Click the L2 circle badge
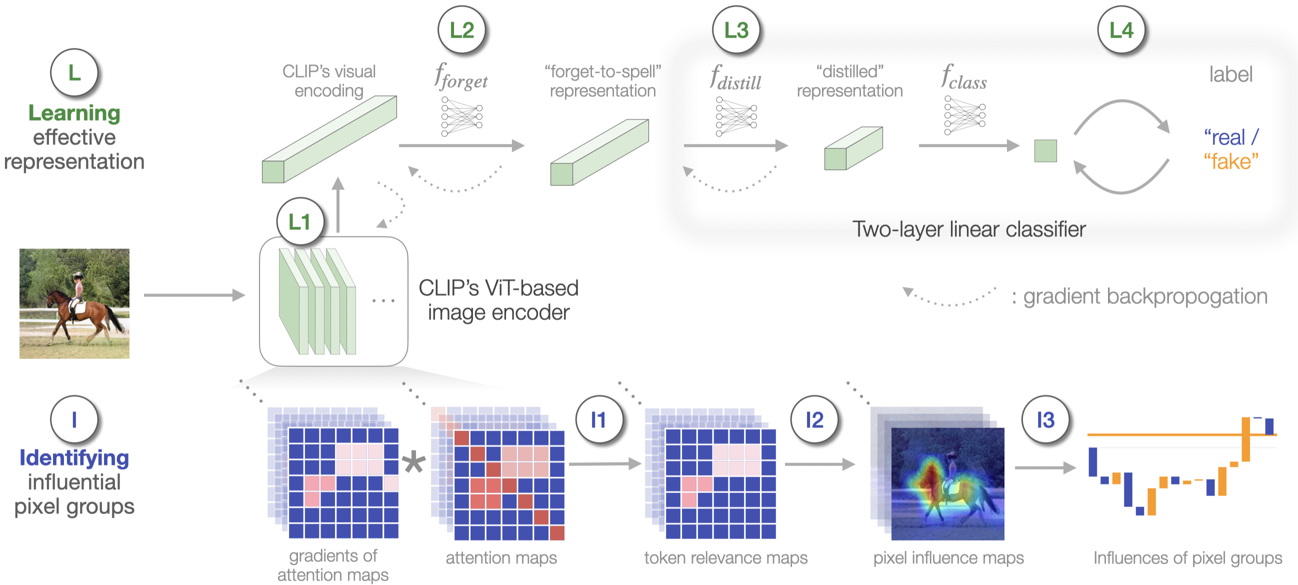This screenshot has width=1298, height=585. tap(461, 30)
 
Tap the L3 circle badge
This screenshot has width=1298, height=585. tap(736, 30)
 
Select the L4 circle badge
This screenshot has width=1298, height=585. tap(1121, 30)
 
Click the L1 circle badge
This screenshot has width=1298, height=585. tap(300, 222)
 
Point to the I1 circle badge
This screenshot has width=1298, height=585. tap(598, 419)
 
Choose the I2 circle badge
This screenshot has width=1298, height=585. tap(814, 419)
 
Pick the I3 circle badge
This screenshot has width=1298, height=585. tap(1045, 419)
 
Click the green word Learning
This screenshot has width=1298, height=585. tap(74, 113)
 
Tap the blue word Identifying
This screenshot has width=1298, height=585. tap(74, 458)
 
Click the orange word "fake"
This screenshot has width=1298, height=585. tap(1231, 161)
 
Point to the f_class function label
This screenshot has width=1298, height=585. tap(964, 78)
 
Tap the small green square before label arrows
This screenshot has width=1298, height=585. tap(1045, 150)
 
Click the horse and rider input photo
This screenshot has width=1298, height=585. tap(74, 303)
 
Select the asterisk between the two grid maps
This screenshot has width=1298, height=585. tap(414, 462)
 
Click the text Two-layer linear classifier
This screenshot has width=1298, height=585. tap(968, 229)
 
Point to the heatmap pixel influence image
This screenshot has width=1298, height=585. tap(947, 483)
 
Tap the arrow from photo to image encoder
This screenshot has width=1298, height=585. tap(194, 295)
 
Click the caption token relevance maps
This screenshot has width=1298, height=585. tap(725, 558)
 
